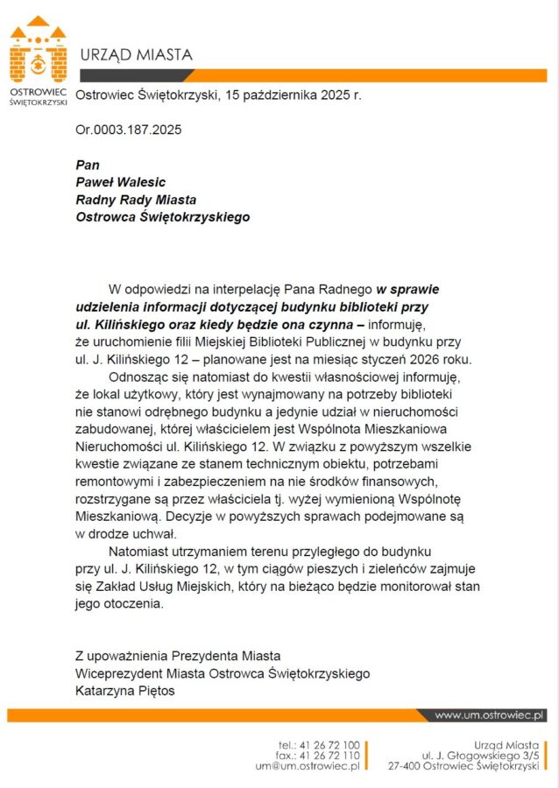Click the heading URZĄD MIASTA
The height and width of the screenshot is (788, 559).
click(x=136, y=55)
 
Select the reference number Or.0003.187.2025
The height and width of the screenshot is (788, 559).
click(x=129, y=130)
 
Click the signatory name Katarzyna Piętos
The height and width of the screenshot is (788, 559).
click(x=125, y=691)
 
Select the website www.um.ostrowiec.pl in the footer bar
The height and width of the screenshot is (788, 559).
click(x=490, y=715)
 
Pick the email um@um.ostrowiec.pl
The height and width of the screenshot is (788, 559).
click(x=307, y=766)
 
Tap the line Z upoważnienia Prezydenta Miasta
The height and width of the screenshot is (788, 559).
click(x=178, y=655)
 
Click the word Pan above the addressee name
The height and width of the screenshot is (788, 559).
click(x=88, y=165)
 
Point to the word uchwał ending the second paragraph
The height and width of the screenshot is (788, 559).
click(x=155, y=534)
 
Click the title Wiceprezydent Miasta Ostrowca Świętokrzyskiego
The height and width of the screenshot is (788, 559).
click(x=223, y=673)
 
